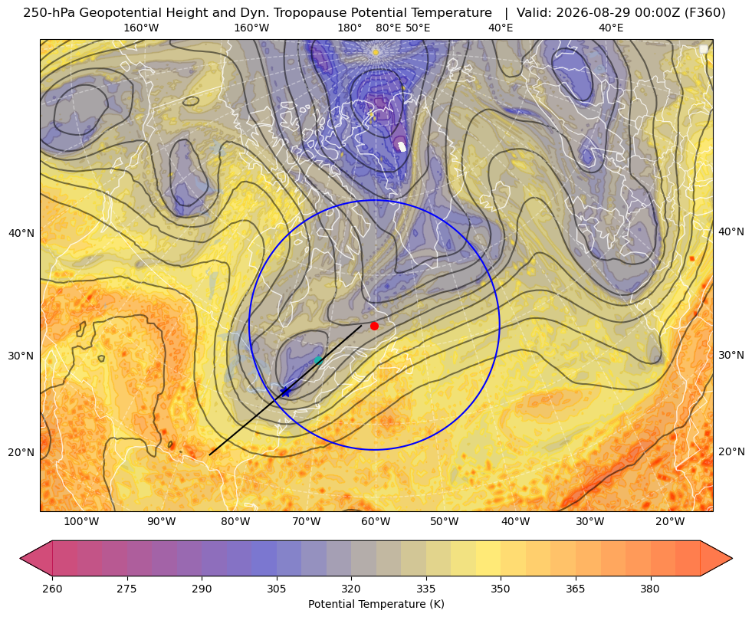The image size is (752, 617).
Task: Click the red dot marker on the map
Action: [375, 326]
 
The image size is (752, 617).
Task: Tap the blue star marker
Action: [285, 392]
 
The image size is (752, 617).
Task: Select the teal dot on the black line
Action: [318, 360]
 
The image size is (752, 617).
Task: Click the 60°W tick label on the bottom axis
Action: [376, 521]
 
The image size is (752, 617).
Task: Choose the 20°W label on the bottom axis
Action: [670, 521]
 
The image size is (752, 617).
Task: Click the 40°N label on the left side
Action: [21, 234]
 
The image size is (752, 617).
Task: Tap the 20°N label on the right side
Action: [731, 451]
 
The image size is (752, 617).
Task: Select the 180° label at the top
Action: [350, 28]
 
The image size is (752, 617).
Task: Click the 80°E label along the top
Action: [388, 28]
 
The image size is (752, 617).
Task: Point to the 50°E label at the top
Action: [418, 28]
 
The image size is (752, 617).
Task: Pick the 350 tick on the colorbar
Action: [501, 589]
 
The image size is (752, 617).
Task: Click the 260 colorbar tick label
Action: [52, 589]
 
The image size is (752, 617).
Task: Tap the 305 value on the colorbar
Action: [276, 589]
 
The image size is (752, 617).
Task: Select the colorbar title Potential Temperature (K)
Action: [376, 604]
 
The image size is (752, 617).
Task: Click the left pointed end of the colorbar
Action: [21, 558]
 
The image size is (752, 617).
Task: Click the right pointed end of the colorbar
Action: [732, 558]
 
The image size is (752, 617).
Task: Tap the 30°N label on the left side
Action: [21, 356]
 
